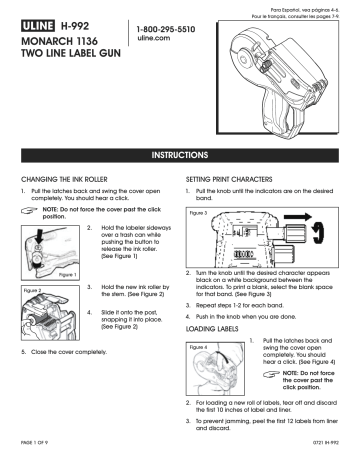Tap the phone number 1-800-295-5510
click(164, 30)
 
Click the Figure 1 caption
click(40, 274)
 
